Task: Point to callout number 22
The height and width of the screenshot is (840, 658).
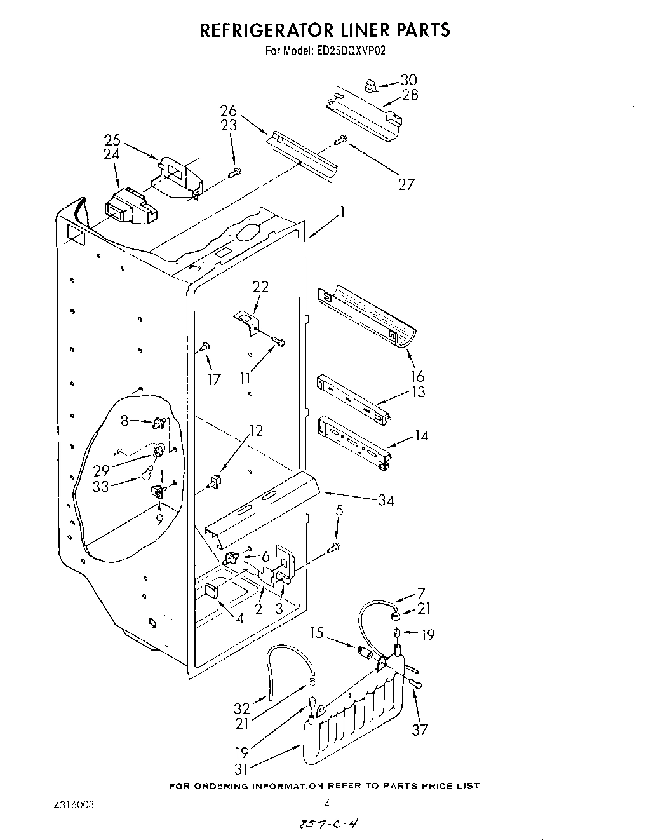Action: click(x=260, y=287)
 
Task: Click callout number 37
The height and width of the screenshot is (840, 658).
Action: click(x=419, y=729)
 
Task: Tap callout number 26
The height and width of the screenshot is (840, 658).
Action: click(x=229, y=111)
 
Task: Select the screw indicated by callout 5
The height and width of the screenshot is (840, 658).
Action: click(x=335, y=546)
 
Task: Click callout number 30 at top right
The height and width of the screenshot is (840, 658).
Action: click(x=408, y=80)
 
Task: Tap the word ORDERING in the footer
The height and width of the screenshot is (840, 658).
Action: click(x=222, y=786)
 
